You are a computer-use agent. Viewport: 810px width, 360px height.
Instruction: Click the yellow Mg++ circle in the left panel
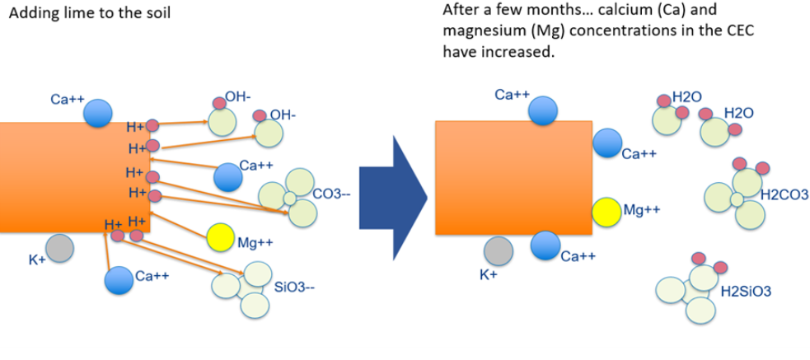click(221, 237)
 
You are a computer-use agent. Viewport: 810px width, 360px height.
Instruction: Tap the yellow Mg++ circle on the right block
click(606, 212)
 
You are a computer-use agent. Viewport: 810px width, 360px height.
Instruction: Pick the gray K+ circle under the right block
click(498, 250)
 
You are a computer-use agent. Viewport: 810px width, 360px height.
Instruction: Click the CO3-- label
click(332, 194)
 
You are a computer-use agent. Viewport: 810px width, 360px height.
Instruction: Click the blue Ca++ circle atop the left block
click(98, 112)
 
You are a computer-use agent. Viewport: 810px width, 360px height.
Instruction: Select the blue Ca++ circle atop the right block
click(542, 110)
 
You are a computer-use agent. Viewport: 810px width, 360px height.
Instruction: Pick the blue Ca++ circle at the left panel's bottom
click(119, 279)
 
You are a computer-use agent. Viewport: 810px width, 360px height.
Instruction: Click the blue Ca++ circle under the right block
click(545, 245)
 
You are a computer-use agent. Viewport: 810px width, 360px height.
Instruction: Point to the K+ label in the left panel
click(37, 260)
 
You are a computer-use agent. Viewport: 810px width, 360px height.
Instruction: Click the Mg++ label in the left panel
click(255, 243)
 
